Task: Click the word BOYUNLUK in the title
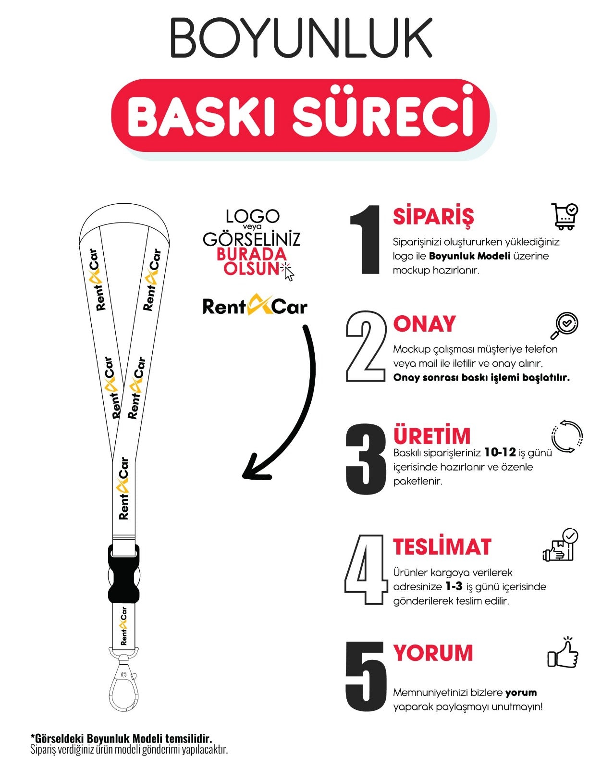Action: tap(301, 38)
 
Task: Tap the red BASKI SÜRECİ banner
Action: tap(301, 116)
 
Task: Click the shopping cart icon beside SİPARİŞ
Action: tap(565, 216)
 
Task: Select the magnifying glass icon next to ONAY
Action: tap(564, 325)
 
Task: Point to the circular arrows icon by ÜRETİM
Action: tap(567, 436)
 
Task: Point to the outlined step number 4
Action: tap(366, 569)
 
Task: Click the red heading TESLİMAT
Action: tap(442, 547)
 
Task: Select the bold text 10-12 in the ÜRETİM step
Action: tap(500, 452)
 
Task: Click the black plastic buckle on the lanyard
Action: tap(123, 573)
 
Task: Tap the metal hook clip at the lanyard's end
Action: tap(123, 682)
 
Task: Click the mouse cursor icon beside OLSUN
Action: tap(288, 273)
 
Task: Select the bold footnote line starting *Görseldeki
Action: tap(121, 738)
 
